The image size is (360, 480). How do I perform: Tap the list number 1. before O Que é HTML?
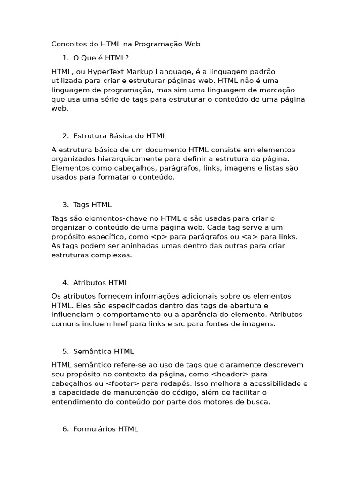pyautogui.click(x=65, y=58)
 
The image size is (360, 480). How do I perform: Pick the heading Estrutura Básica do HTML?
pyautogui.click(x=120, y=136)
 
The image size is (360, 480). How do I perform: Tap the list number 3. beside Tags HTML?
pyautogui.click(x=65, y=204)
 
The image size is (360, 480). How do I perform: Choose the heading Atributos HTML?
pyautogui.click(x=101, y=283)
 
